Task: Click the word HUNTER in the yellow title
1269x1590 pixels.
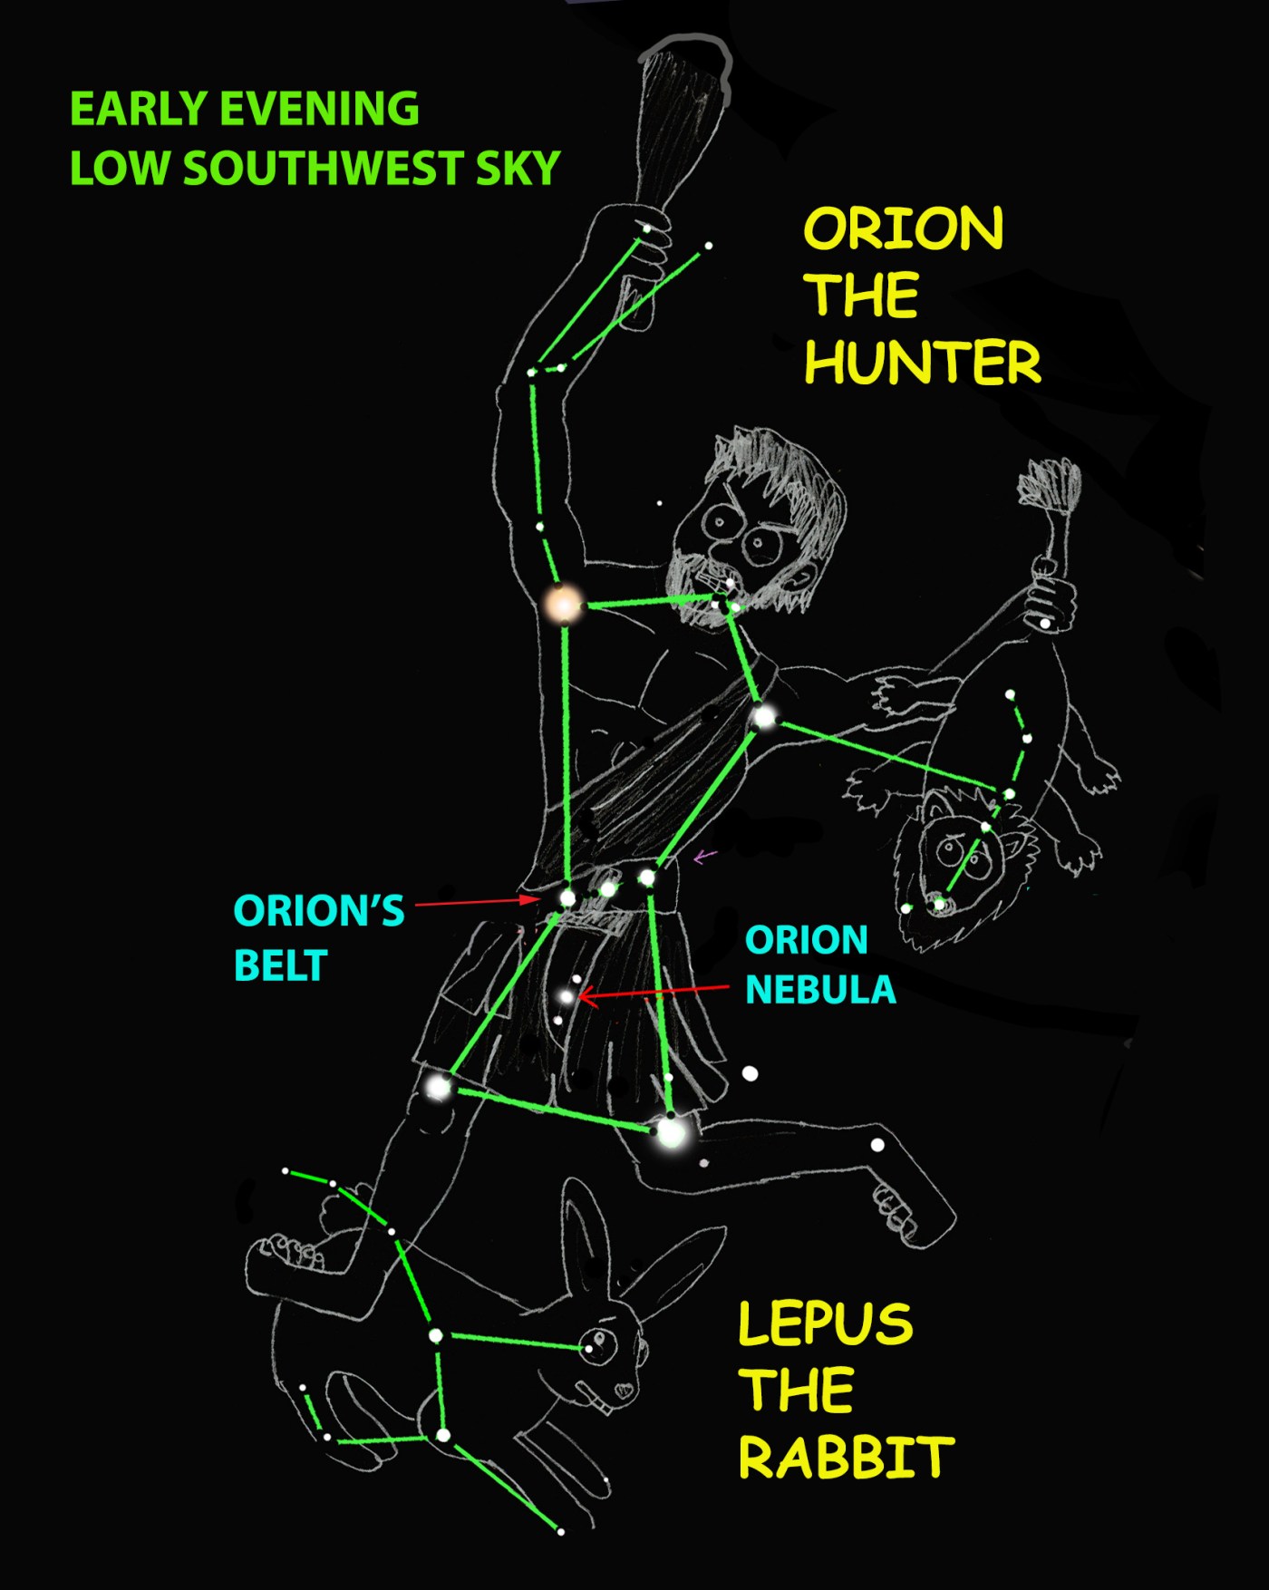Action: (x=922, y=363)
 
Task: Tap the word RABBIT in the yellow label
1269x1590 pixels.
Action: (x=846, y=1458)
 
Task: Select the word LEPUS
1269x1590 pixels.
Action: (x=825, y=1323)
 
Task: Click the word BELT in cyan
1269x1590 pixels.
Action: (x=280, y=966)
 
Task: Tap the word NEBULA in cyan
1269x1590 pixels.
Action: (x=820, y=989)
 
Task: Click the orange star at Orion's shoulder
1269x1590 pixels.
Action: (x=563, y=604)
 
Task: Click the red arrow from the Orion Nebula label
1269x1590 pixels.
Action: (x=653, y=994)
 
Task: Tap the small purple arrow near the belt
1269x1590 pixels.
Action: (x=705, y=856)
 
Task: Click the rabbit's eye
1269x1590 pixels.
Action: (x=597, y=1342)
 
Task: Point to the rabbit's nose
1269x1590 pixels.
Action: (x=624, y=1388)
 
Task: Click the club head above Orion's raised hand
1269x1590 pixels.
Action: (x=682, y=100)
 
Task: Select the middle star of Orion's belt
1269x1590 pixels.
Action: (x=608, y=888)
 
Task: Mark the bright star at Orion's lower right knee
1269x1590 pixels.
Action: (x=671, y=1131)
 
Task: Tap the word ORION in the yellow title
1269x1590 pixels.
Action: (x=904, y=228)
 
